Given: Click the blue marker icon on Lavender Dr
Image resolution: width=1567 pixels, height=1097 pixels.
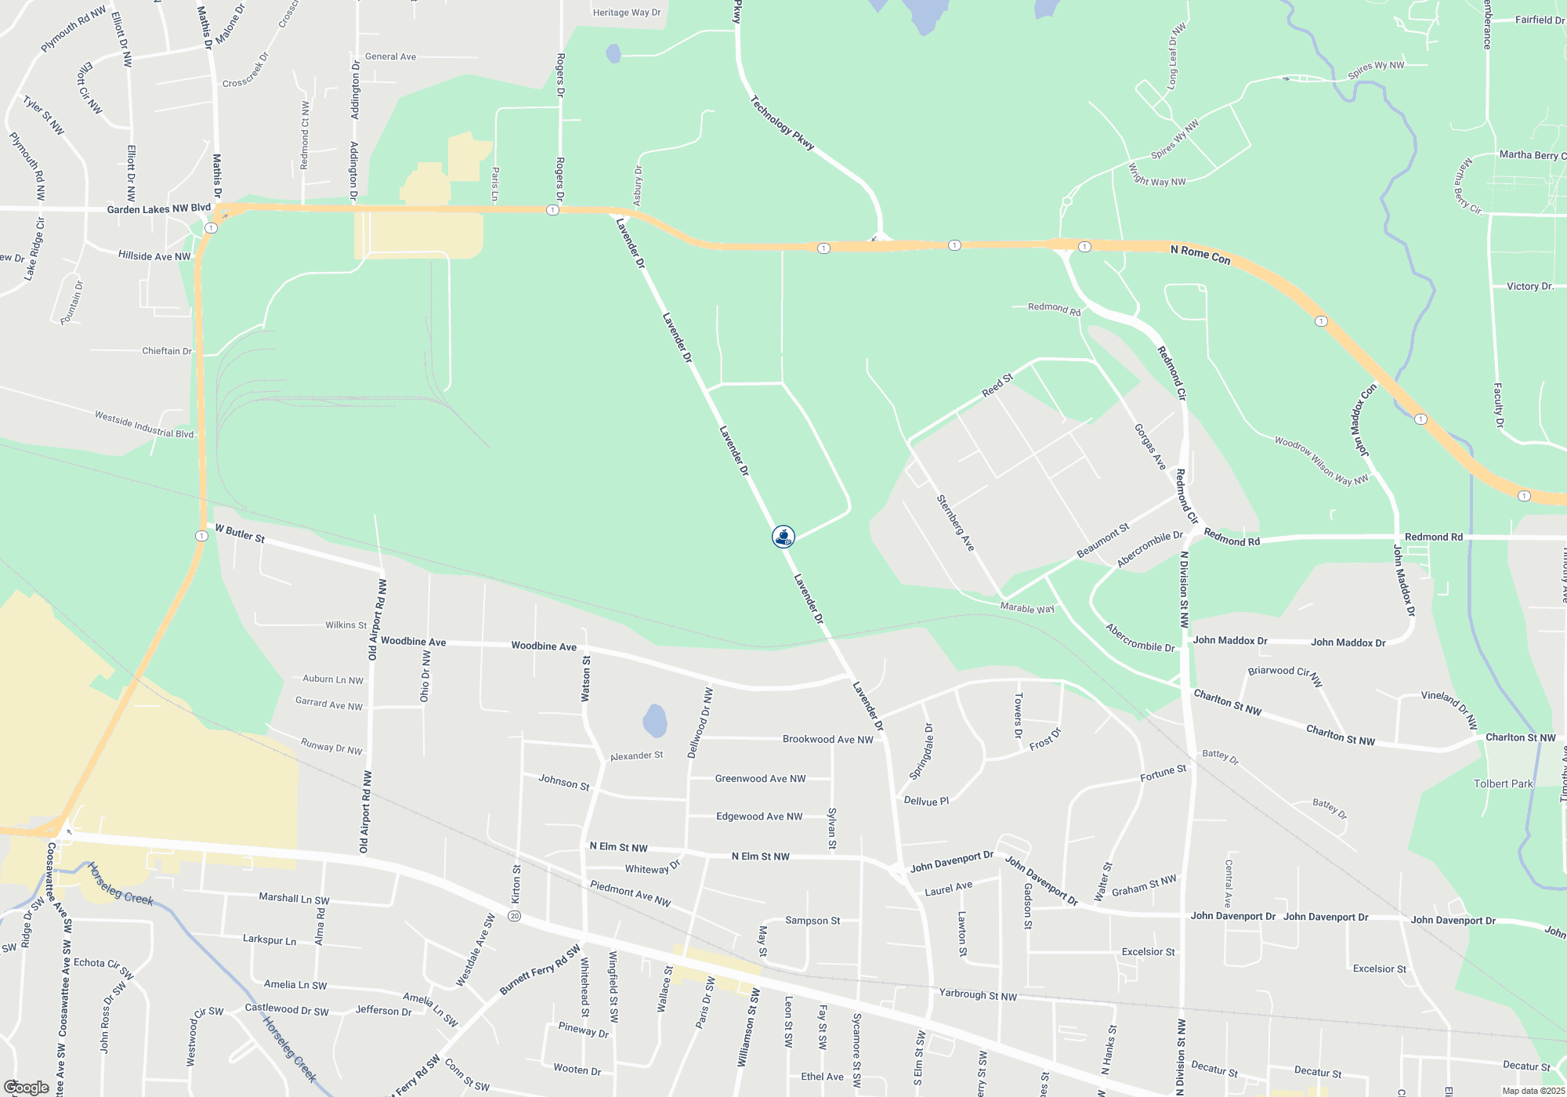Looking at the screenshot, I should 783,536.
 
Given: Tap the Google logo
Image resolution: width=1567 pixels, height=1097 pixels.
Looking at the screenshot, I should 26,1087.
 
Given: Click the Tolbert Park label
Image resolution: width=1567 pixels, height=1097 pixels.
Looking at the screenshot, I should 1503,784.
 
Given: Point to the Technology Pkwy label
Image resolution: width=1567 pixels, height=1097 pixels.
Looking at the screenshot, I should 782,123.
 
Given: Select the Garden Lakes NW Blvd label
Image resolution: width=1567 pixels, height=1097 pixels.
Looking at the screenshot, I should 158,208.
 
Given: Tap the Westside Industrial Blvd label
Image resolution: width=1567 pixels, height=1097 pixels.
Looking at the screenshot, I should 144,424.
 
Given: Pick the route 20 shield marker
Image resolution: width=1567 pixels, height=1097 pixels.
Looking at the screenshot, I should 514,915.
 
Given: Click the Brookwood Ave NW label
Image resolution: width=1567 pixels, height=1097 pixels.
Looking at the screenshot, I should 827,739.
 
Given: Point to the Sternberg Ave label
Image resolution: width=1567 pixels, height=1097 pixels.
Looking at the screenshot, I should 955,523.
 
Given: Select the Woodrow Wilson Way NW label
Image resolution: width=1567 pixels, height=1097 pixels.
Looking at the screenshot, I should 1321,461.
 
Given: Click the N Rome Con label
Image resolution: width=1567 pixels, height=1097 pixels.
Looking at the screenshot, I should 1200,255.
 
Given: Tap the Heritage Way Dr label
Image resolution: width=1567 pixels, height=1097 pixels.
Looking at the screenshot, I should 627,13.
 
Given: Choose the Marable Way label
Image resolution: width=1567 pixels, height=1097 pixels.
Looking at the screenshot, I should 1027,608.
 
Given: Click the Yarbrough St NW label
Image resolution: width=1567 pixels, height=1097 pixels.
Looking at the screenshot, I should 978,995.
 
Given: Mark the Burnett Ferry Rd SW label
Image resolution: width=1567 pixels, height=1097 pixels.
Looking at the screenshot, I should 540,970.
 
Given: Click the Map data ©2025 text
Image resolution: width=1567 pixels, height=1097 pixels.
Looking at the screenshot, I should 1533,1091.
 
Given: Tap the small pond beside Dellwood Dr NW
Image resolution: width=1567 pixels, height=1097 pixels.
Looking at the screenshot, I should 655,721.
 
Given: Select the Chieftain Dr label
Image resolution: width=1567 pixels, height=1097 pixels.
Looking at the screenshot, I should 167,351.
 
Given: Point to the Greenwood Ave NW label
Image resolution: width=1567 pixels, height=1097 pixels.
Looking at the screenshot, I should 760,778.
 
